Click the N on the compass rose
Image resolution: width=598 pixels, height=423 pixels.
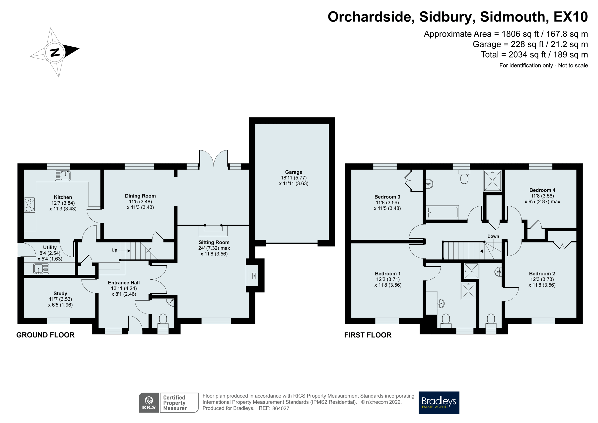click(x=55, y=52)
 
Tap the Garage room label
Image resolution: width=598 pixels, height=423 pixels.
click(x=294, y=172)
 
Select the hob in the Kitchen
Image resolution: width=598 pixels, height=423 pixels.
click(x=29, y=205)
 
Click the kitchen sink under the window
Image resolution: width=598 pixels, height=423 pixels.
click(x=63, y=176)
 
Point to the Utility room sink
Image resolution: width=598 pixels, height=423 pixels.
click(x=41, y=269)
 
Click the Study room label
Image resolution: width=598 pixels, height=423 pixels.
click(x=60, y=293)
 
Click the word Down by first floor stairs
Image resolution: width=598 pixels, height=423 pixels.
click(x=493, y=236)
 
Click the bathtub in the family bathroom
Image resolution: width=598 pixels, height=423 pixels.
click(x=442, y=212)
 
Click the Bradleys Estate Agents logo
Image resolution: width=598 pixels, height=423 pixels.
click(x=439, y=402)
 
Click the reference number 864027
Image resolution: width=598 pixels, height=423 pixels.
click(x=281, y=408)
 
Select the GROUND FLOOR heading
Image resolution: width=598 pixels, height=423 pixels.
click(x=45, y=335)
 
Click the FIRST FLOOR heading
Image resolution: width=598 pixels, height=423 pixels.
click(x=368, y=335)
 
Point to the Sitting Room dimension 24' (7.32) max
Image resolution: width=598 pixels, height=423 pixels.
click(x=214, y=248)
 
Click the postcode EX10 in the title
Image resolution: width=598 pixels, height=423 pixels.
click(x=570, y=17)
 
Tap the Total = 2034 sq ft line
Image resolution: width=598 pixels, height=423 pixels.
click(x=534, y=55)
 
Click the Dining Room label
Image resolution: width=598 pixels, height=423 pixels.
click(x=140, y=196)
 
